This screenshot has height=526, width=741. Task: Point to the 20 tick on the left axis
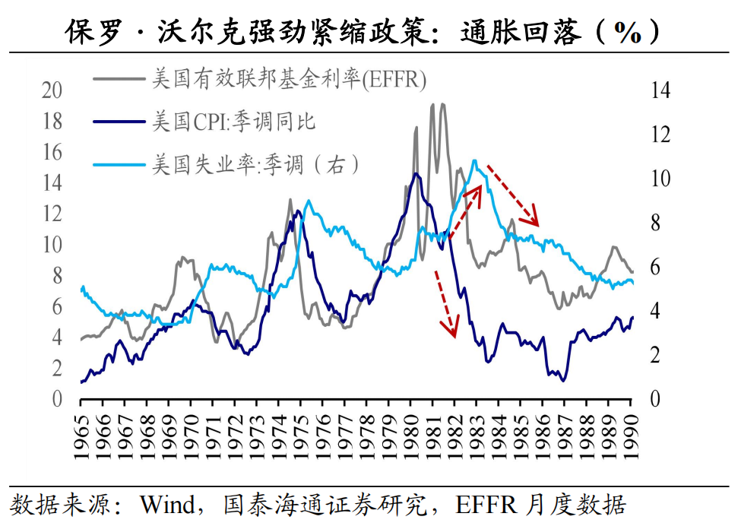pos(52,90)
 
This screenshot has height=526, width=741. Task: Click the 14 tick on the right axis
pos(660,90)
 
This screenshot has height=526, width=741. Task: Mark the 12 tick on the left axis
pos(52,214)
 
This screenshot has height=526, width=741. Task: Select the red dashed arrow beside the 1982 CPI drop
pos(445,303)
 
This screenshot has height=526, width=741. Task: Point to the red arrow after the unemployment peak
pos(513,194)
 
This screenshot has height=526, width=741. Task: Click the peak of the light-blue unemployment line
pos(474,161)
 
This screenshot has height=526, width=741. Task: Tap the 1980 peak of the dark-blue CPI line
pos(416,174)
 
